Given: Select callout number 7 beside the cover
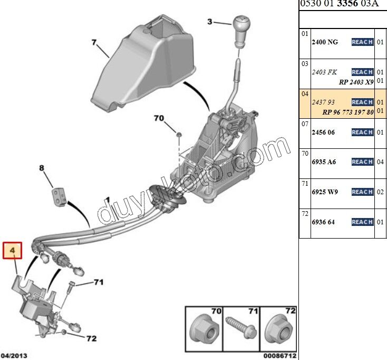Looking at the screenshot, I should [94, 42].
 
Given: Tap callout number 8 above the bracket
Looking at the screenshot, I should [42, 169].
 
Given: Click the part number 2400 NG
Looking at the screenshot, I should [325, 42].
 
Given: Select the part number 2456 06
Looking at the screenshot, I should [324, 132].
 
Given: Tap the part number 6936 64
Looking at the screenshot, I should [323, 222].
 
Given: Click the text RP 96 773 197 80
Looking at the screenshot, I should [349, 112].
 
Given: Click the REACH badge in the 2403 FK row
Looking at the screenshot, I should [362, 72].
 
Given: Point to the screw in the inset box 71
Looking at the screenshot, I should [241, 329].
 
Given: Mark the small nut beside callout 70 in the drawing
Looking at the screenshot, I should [179, 136].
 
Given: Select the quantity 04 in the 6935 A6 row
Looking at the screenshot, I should [380, 162].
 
